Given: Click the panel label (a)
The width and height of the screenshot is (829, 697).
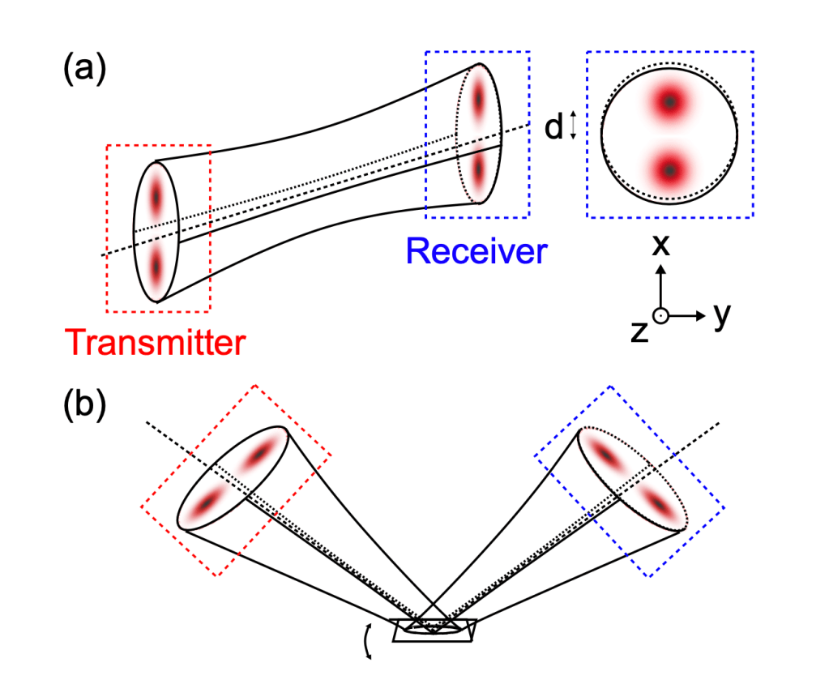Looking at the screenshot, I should click(84, 70).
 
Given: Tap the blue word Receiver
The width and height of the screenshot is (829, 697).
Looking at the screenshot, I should click(476, 251).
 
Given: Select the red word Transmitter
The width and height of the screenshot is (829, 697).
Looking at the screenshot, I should click(156, 344).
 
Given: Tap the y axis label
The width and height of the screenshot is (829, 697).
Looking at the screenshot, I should click(722, 315).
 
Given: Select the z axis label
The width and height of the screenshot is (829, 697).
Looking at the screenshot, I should click(640, 331).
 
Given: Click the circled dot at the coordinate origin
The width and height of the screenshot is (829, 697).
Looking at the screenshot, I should click(661, 316).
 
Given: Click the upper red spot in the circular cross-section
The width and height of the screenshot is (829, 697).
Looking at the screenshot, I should click(669, 102).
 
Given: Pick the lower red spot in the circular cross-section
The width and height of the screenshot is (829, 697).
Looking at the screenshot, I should click(669, 170).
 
